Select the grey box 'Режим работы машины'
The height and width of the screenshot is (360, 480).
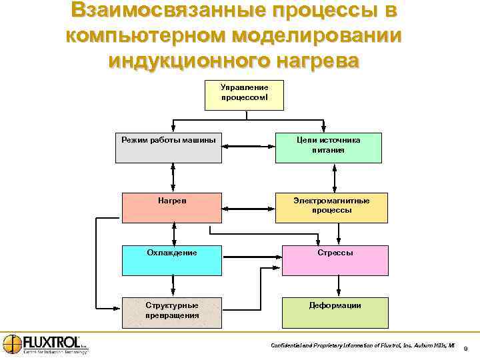169,147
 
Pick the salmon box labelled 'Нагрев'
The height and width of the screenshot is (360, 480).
172,207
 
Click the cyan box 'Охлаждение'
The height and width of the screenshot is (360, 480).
172,260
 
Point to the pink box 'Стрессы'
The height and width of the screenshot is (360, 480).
335,260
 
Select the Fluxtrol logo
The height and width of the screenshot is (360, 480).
45,344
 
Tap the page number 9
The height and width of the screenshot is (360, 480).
465,347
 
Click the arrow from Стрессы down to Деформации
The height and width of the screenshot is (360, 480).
339,286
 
